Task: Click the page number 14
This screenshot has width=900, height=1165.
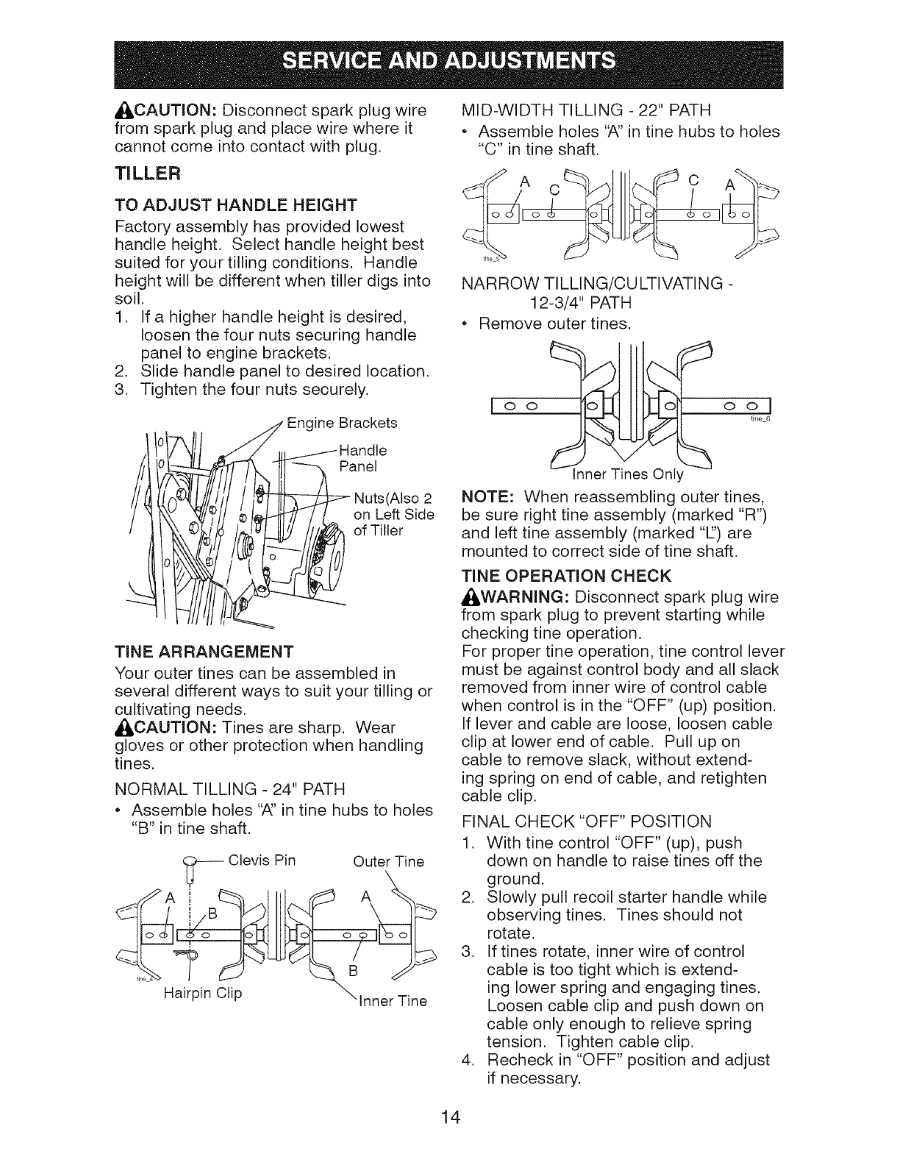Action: [x=450, y=1118]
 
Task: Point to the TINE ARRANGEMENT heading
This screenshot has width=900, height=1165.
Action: [x=204, y=652]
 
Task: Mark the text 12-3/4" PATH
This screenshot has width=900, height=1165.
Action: [x=580, y=302]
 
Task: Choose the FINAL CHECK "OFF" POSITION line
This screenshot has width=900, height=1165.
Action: [x=586, y=822]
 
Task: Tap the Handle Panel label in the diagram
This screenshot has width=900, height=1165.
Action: [x=362, y=458]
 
